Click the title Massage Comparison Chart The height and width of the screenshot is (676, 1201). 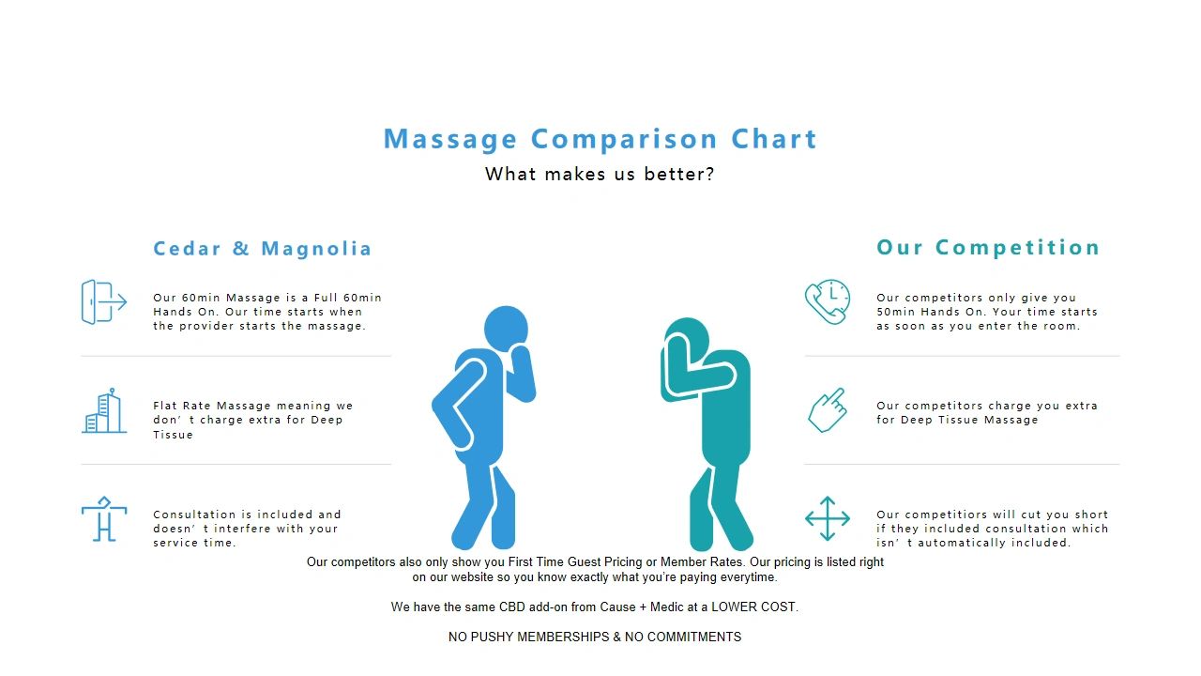pos(600,138)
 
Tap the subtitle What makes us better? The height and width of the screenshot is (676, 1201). pos(600,174)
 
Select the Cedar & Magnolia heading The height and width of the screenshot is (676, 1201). pos(262,249)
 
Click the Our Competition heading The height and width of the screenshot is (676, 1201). pos(988,247)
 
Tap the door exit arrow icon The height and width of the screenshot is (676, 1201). pos(104,301)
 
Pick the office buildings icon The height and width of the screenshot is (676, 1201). pos(104,410)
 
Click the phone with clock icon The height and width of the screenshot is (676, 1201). pos(828,301)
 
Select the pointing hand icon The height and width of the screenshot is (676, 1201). pos(828,410)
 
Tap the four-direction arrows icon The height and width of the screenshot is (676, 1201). pos(828,518)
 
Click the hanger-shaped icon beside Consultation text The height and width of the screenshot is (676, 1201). pos(104,519)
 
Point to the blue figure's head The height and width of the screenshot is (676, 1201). pos(506,329)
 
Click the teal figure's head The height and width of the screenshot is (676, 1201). pos(688,339)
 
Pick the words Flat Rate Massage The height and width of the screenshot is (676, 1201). pos(212,406)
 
